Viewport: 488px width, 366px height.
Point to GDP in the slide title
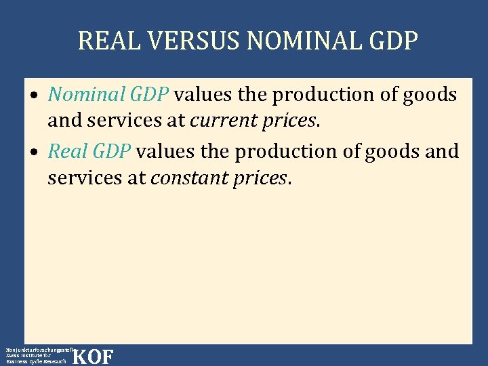click(393, 41)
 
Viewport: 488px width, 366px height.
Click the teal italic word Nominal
click(86, 95)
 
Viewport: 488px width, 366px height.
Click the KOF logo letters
click(92, 357)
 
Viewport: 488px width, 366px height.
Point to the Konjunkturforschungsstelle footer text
click(37, 348)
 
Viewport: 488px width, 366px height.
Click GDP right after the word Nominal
click(150, 95)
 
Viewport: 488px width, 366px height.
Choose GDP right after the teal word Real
click(111, 150)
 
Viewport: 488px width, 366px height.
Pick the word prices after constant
click(255, 178)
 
